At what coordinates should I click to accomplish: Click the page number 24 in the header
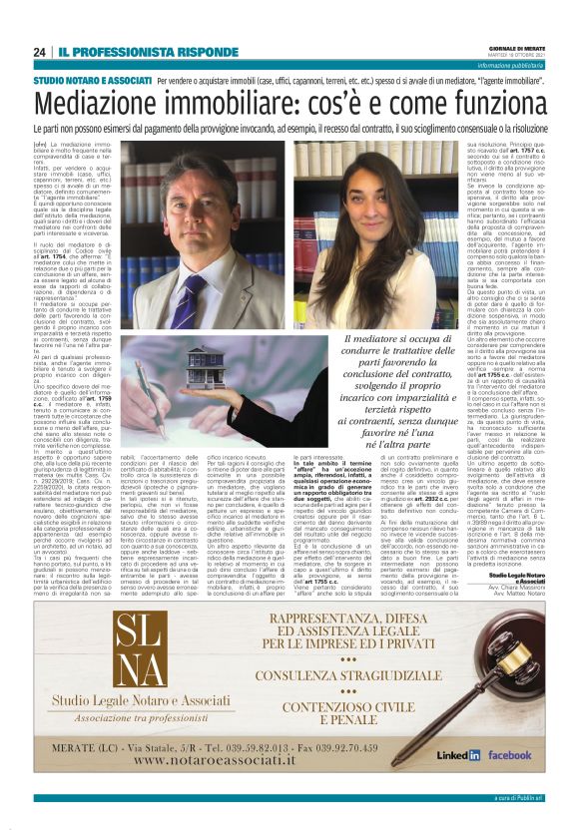[x=40, y=51]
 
